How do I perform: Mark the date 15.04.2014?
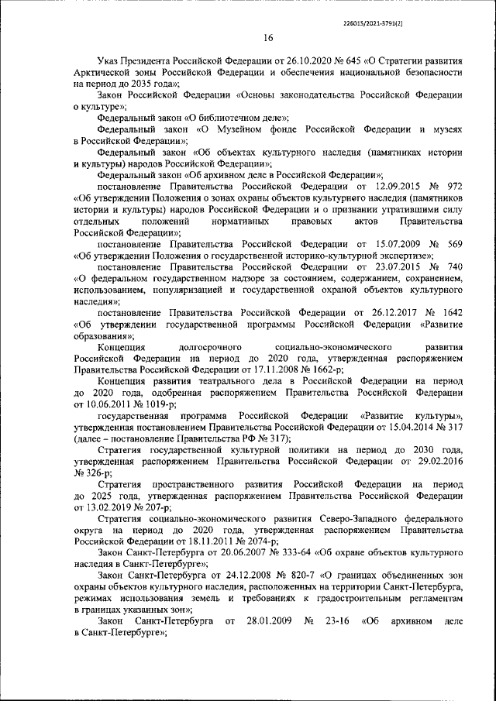[x=399, y=428]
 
